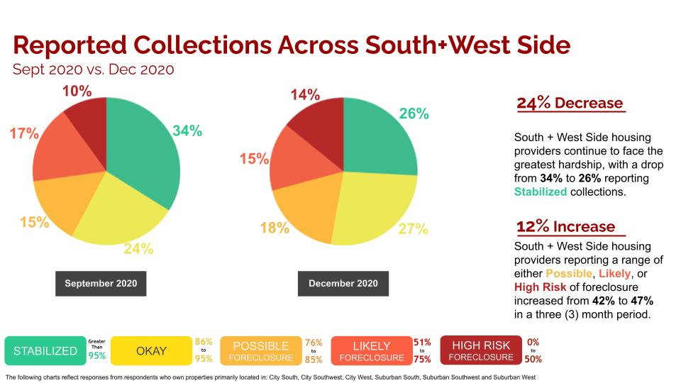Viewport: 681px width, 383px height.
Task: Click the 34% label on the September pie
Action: point(187,131)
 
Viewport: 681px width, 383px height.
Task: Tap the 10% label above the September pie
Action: point(77,91)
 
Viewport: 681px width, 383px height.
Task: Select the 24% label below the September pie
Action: point(139,249)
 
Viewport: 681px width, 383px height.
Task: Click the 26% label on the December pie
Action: point(414,113)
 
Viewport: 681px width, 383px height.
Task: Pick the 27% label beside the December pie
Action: point(413,229)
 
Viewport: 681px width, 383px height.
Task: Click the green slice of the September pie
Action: point(142,149)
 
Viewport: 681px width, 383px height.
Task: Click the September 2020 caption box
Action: point(101,284)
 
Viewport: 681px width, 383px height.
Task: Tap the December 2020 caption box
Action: point(343,284)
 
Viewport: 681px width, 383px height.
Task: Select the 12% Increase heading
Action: point(565,227)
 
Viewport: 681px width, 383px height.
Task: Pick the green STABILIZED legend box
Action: point(45,350)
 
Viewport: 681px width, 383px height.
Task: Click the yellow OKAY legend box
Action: point(151,350)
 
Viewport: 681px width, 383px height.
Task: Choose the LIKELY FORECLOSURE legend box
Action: point(371,350)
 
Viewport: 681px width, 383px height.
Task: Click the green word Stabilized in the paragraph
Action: point(541,192)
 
